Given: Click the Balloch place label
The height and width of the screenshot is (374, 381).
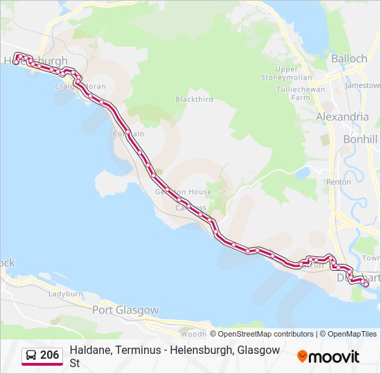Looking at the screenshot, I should (349, 59).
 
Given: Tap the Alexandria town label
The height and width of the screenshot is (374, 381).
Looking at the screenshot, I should (342, 117).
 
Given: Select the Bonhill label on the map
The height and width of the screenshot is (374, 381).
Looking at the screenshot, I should (360, 139).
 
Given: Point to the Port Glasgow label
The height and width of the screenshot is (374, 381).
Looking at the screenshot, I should (125, 310).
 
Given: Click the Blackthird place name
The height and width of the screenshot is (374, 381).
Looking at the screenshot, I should (194, 100).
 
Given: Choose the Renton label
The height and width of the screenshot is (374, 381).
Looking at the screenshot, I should (339, 181).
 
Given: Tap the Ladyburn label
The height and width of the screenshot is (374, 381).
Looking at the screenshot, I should (66, 294).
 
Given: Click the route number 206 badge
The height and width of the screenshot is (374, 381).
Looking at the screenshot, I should (49, 355).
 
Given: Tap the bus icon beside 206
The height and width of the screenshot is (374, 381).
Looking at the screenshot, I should (31, 356).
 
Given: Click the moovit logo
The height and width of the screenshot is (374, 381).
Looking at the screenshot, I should (328, 357).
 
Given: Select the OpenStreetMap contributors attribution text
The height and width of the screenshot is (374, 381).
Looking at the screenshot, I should (266, 334).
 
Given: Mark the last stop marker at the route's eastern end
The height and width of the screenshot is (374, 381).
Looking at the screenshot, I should (365, 283).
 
